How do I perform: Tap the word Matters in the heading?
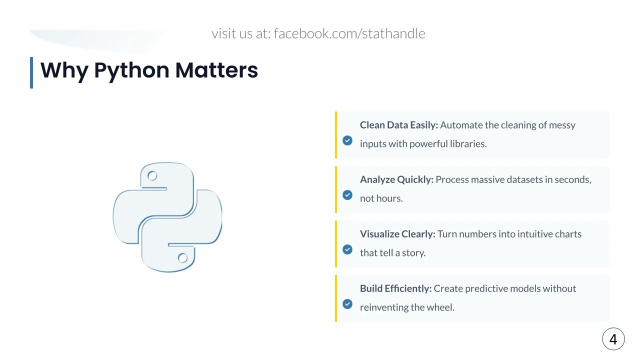[216, 70]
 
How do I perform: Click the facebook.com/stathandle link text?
[349, 33]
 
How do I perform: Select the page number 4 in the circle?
[613, 339]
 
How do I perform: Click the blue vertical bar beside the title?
[31, 72]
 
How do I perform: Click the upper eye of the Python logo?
[152, 175]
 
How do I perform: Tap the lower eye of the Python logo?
[182, 258]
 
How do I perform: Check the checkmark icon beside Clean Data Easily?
[347, 140]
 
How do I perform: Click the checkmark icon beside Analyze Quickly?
[347, 195]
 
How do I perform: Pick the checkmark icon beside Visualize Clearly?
[347, 249]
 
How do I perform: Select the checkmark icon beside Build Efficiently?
[347, 304]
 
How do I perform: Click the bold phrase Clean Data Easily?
[398, 125]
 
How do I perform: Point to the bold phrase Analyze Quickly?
[396, 179]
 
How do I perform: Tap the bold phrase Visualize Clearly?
[397, 234]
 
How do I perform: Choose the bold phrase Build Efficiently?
[395, 288]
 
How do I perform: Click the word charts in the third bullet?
[568, 234]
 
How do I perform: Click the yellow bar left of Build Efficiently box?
[336, 298]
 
